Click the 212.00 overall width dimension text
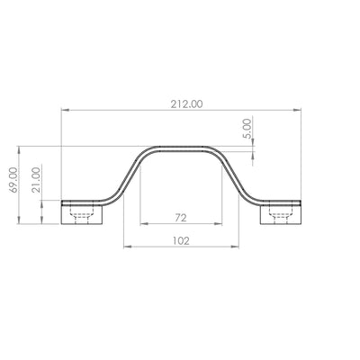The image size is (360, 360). click(186, 104)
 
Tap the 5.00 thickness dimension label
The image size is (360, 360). click(247, 129)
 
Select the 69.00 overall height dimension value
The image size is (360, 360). click(13, 180)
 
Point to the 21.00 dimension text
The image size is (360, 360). click(36, 180)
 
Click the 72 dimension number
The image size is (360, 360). click(181, 218)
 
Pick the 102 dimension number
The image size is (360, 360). click(181, 240)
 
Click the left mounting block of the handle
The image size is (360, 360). click(82, 214)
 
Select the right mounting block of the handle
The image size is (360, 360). click(280, 214)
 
